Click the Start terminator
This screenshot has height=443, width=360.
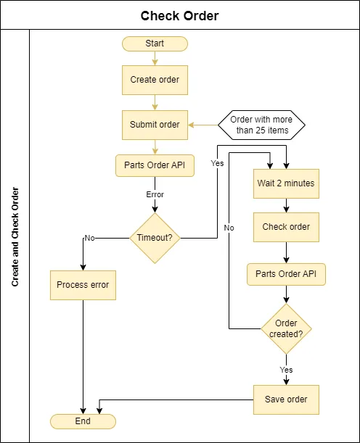pos(155,44)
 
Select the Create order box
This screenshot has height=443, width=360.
pos(155,80)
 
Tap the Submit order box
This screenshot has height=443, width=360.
pos(155,125)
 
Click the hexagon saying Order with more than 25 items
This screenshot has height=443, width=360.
pos(261,125)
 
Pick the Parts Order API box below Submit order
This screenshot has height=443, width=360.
pos(155,165)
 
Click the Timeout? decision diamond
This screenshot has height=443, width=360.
pos(155,238)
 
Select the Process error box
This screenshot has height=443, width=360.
pos(83,285)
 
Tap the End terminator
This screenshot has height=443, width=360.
pos(83,421)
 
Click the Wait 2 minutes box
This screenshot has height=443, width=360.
pos(286,183)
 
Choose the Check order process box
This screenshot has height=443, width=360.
pos(286,227)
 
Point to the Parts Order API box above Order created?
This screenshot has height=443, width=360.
pos(286,274)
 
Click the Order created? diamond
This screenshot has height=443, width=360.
pos(286,329)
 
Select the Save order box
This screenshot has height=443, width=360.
pos(286,399)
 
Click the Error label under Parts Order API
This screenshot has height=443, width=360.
pos(155,194)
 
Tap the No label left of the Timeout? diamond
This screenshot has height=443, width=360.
pos(90,238)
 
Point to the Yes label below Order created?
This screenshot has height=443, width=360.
pos(286,370)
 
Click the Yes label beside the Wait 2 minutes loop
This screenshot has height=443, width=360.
pos(217,163)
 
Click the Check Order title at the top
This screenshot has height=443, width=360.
pos(180,16)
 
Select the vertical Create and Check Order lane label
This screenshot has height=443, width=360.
pos(15,237)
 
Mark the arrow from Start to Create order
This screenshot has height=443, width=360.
pos(155,59)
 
